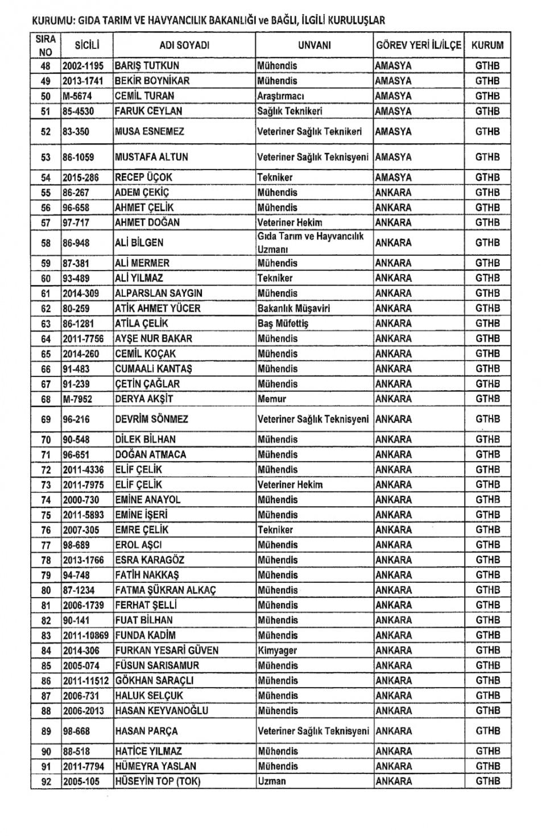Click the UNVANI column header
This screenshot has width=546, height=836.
pos(314,45)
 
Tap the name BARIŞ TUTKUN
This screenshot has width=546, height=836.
pos(147,66)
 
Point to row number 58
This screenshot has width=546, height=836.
pos(46,243)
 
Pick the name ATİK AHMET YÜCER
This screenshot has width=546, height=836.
pos(158,308)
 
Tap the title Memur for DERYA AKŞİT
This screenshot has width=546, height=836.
pos(272,399)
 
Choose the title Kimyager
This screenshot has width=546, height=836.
pos(277,650)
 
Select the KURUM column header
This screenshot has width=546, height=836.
pos(487,45)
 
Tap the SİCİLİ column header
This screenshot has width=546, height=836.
pos(87,45)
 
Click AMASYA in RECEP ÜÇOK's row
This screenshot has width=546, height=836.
pos(393,177)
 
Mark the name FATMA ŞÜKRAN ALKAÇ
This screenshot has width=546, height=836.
pos(166,590)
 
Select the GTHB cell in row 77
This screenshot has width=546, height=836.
pos(487,545)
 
